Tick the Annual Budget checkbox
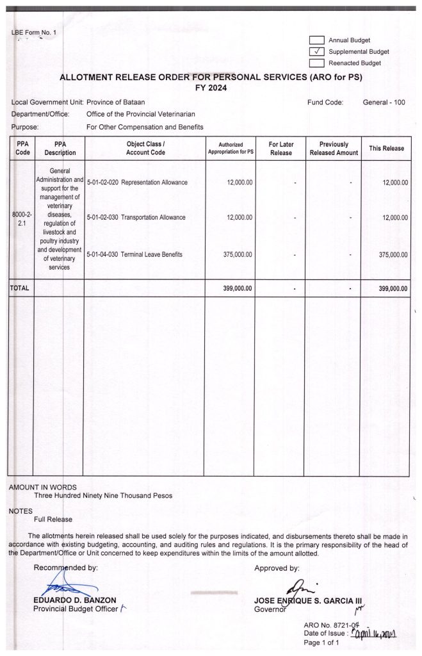[x=317, y=40]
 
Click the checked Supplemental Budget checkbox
[x=317, y=52]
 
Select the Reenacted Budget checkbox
[x=317, y=63]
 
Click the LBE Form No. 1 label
[x=34, y=33]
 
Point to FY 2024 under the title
[x=211, y=88]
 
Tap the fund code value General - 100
[x=384, y=102]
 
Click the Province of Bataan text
[x=115, y=102]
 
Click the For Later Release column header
[x=280, y=149]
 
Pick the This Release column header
[x=386, y=149]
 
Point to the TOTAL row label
[x=19, y=288]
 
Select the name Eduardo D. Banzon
[x=74, y=600]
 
